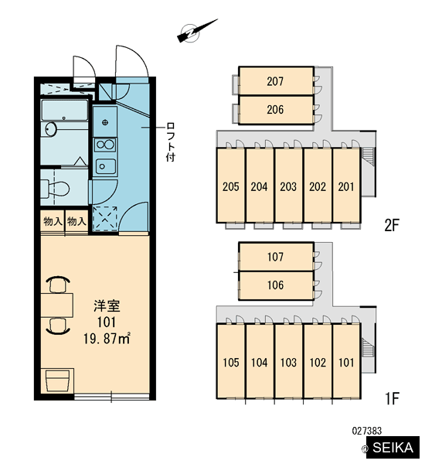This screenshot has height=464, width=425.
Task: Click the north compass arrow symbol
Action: click(196, 31)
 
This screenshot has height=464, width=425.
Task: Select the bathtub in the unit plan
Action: click(64, 111)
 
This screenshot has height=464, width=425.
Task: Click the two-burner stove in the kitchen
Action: click(104, 145)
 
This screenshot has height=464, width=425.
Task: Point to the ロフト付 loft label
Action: click(171, 142)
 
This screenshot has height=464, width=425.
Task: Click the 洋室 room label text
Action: click(107, 306)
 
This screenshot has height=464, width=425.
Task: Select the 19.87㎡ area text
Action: click(107, 338)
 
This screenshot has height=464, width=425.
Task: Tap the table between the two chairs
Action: click(56, 305)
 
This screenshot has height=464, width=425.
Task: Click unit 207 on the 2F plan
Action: click(276, 80)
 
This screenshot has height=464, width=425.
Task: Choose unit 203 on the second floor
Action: click(288, 186)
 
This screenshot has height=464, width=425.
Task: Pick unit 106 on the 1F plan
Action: click(276, 285)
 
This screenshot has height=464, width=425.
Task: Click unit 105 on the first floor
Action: click(230, 361)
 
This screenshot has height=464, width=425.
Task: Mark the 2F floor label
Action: click(392, 226)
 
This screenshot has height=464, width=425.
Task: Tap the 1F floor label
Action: click(393, 398)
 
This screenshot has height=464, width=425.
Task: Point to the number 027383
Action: click(367, 431)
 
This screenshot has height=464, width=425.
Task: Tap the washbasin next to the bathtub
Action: click(51, 130)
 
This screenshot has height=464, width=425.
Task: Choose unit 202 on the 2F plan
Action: click(318, 186)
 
